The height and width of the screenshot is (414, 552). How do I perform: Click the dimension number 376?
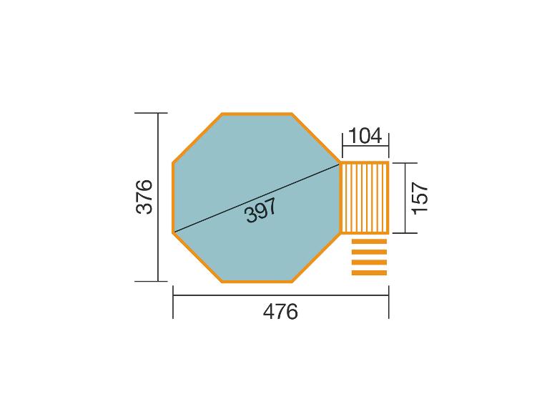pos(144,197)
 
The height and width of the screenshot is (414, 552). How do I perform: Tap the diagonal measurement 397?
pos(261,210)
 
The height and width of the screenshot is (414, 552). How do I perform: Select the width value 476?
pos(280,312)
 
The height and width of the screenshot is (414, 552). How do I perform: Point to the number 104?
pos(365,136)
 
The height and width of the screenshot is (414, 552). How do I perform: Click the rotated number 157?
pos(420,197)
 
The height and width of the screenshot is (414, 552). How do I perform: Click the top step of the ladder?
pos(369,241)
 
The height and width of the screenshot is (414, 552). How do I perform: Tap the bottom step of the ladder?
pos(369,273)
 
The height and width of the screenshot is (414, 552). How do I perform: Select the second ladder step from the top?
pos(369,252)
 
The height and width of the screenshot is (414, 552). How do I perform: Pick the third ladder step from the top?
pos(369,262)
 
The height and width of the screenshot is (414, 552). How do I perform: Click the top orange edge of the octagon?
pos(257,114)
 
